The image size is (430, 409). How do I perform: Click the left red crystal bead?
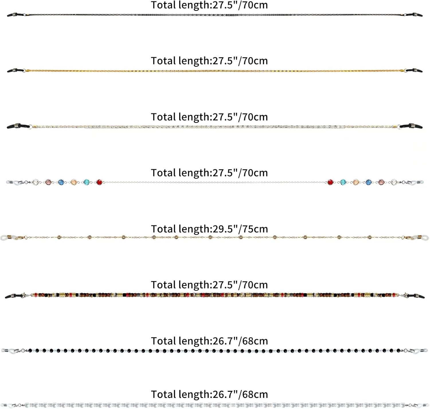pyautogui.click(x=99, y=182)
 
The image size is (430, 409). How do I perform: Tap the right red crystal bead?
pyautogui.click(x=330, y=182)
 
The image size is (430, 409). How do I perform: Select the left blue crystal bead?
pyautogui.click(x=61, y=182)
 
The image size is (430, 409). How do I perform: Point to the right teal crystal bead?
pyautogui.click(x=343, y=182)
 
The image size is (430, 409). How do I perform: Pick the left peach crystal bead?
pyautogui.click(x=74, y=182)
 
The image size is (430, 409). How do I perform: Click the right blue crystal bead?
pyautogui.click(x=368, y=182)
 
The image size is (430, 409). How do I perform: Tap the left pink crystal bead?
pyautogui.click(x=48, y=182)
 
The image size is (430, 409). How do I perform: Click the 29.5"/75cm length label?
pyautogui.click(x=209, y=229)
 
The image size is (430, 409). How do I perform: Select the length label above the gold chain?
pyautogui.click(x=209, y=61)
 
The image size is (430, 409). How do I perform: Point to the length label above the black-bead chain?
pyautogui.click(x=209, y=341)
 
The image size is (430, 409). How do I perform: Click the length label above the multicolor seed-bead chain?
pyautogui.click(x=209, y=285)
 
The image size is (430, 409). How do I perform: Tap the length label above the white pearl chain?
pyautogui.click(x=209, y=394)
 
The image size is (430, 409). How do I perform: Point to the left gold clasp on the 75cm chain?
pyautogui.click(x=20, y=237)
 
